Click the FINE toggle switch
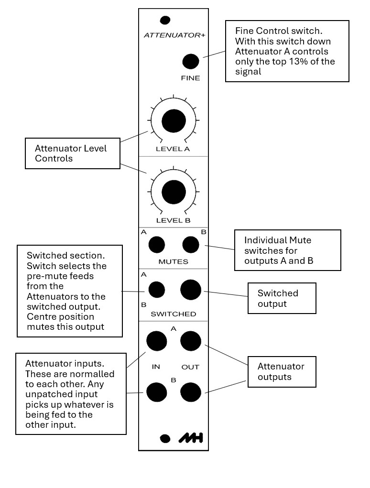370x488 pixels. click(x=190, y=62)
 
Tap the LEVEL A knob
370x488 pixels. click(x=174, y=120)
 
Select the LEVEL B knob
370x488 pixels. click(x=174, y=192)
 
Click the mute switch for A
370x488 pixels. click(x=156, y=245)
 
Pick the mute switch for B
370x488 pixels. click(x=191, y=245)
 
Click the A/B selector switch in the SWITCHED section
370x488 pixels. click(x=156, y=290)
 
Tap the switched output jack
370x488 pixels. click(x=190, y=290)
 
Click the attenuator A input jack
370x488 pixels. click(x=156, y=341)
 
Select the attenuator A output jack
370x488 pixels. click(x=190, y=341)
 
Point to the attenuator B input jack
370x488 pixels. click(x=156, y=392)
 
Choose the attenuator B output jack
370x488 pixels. click(x=190, y=392)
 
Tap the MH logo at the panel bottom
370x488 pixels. click(x=190, y=438)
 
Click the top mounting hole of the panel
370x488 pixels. click(x=165, y=20)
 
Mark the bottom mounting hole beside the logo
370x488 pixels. click(x=165, y=438)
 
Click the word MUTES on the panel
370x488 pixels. click(x=173, y=262)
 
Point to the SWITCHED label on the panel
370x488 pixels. click(x=173, y=314)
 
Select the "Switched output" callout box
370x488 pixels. click(x=282, y=298)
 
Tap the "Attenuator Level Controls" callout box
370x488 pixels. click(x=72, y=153)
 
